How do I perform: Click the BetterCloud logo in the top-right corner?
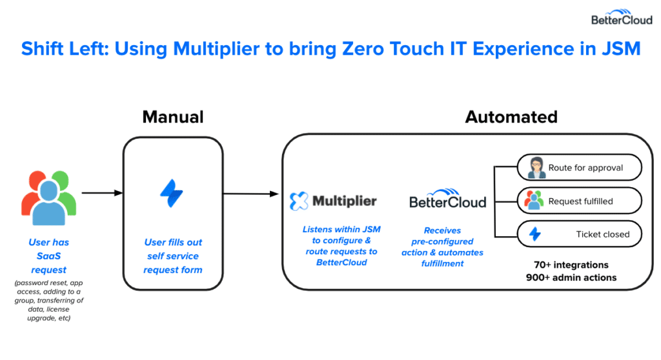(x=622, y=17)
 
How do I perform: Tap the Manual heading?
(x=173, y=117)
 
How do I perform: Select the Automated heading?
(x=511, y=117)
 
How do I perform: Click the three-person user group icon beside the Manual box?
(x=49, y=197)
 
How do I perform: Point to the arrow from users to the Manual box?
(x=102, y=193)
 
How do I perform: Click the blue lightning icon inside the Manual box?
(x=172, y=194)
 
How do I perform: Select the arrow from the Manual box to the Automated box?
(x=251, y=194)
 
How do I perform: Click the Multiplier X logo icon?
(x=299, y=201)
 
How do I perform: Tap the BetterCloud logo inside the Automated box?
(x=448, y=199)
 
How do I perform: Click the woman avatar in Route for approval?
(x=536, y=168)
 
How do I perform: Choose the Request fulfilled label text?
(x=580, y=201)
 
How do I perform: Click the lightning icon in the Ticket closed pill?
(x=535, y=234)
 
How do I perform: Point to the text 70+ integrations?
(x=571, y=265)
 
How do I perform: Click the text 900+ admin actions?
(x=571, y=277)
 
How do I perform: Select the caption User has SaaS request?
(x=49, y=256)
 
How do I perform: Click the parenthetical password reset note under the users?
(x=49, y=300)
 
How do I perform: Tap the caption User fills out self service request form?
(x=173, y=256)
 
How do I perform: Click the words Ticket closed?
(x=603, y=234)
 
